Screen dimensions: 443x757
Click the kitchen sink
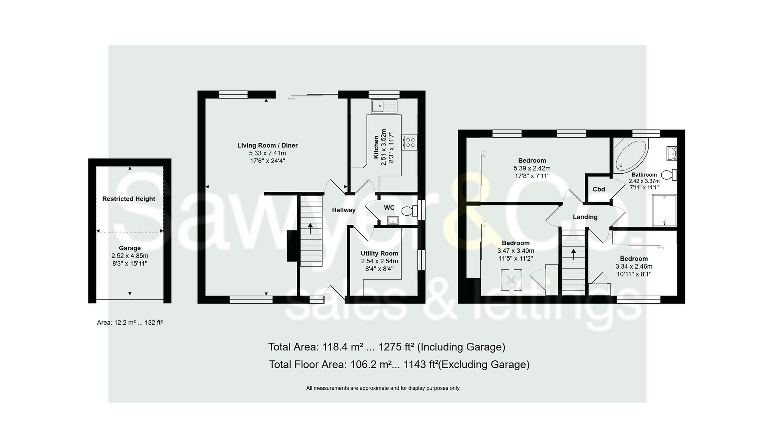[384, 106]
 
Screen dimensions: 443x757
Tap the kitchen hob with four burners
[410, 142]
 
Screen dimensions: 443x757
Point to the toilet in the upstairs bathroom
[669, 175]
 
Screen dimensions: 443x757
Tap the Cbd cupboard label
[599, 189]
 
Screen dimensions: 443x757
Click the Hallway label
[344, 210]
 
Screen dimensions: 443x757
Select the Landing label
[585, 217]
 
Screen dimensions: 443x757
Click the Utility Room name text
[379, 253]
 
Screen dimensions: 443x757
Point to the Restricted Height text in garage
[129, 199]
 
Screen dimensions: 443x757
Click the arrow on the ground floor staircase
[311, 228]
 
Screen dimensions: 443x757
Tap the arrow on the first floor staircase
[573, 254]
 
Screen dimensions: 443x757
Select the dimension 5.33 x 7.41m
[267, 153]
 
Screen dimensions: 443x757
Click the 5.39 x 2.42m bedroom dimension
[532, 168]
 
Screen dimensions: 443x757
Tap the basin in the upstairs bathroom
[672, 154]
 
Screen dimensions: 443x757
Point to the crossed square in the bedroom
[511, 280]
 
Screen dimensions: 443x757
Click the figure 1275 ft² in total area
[396, 347]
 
